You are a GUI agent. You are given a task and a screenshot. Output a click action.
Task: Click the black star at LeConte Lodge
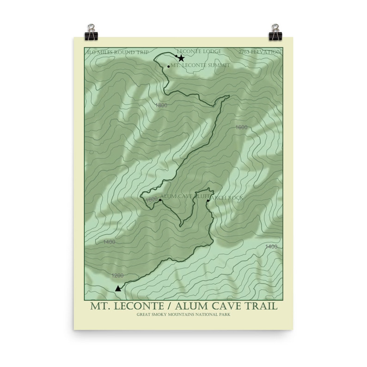click(181, 58)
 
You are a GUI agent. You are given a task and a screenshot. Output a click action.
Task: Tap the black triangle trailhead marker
click(118, 288)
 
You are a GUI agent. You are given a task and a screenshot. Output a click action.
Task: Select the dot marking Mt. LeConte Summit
click(169, 66)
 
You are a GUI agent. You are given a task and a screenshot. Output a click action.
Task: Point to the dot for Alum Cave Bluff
click(160, 200)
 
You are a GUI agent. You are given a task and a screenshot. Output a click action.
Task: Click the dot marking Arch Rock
click(208, 200)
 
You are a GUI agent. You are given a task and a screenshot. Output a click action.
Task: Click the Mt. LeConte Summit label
click(200, 66)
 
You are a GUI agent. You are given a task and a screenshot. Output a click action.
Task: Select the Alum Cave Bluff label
click(182, 196)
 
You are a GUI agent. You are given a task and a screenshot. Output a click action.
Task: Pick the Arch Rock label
click(226, 198)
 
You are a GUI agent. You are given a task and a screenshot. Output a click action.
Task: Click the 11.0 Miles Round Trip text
click(118, 52)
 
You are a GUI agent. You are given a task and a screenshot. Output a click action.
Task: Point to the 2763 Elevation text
click(259, 52)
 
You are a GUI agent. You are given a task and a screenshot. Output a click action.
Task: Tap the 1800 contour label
click(161, 105)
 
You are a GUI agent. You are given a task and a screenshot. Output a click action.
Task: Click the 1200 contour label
click(118, 275)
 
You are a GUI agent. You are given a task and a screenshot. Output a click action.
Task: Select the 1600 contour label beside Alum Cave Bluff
click(151, 200)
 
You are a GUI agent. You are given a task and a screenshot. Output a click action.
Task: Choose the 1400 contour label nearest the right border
click(272, 246)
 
